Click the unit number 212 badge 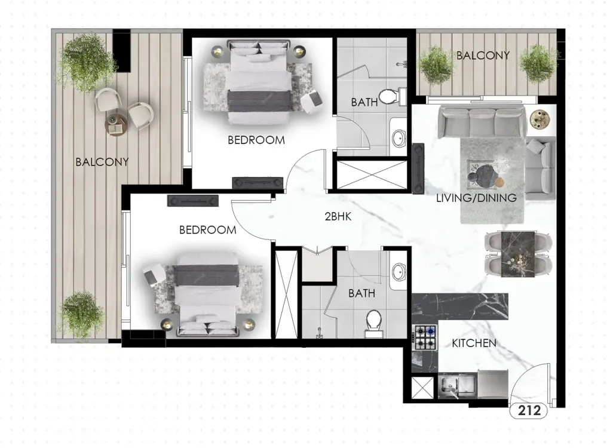pos(529,410)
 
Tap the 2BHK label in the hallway pos(338,216)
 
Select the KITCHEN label pos(474,343)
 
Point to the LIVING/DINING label pos(476,198)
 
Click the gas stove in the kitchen pos(425,337)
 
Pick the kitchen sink pos(450,385)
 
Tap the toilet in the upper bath pos(391,97)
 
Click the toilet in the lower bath pos(373,324)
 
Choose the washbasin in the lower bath pos(398,272)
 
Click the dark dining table pos(518,254)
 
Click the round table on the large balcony pos(116,124)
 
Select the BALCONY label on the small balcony pos(483,56)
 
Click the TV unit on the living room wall pos(418,168)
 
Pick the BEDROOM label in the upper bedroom pos(256,140)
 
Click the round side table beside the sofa pos(539,118)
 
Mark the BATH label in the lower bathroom pos(361,293)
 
